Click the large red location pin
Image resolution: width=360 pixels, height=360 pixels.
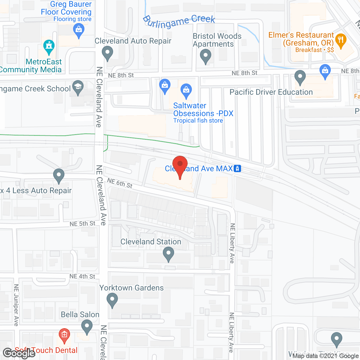(180, 165)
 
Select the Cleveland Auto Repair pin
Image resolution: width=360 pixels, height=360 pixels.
(107, 53)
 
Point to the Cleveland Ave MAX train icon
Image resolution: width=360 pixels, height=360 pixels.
(237, 168)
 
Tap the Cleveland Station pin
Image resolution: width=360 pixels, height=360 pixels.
(168, 253)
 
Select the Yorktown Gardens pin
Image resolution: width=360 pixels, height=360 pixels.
(112, 300)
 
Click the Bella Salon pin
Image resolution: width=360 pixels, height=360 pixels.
(87, 327)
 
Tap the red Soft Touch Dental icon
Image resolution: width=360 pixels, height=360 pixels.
(64, 335)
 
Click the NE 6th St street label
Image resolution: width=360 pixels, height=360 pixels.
(120, 183)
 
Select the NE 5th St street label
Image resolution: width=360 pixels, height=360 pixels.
(82, 224)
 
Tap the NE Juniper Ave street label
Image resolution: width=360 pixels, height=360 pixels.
(16, 305)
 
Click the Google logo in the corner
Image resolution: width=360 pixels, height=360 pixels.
(19, 353)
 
